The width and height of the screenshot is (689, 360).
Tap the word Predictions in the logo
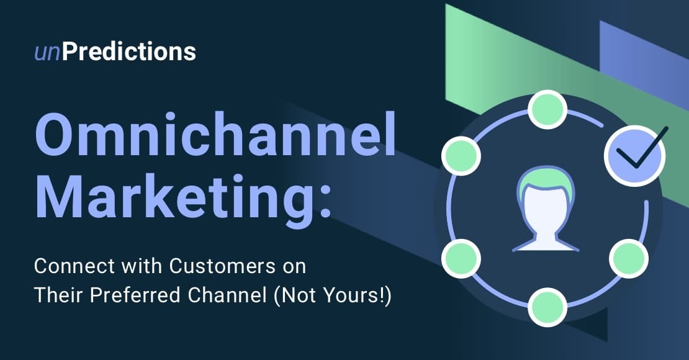(x=129, y=52)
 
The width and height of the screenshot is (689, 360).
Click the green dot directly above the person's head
(x=547, y=110)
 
